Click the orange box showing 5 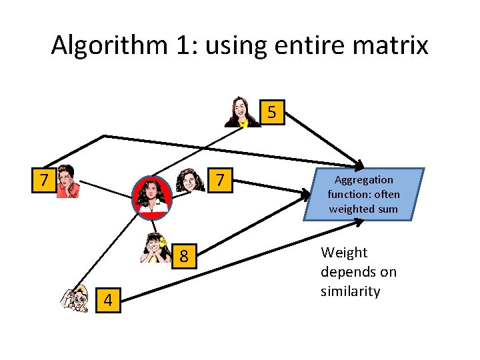click(x=271, y=112)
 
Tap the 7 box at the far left click(x=45, y=180)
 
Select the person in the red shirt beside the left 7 click(x=67, y=181)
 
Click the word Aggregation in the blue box click(x=364, y=180)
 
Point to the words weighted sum click(x=363, y=209)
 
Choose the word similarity click(x=351, y=291)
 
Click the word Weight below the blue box click(x=344, y=253)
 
